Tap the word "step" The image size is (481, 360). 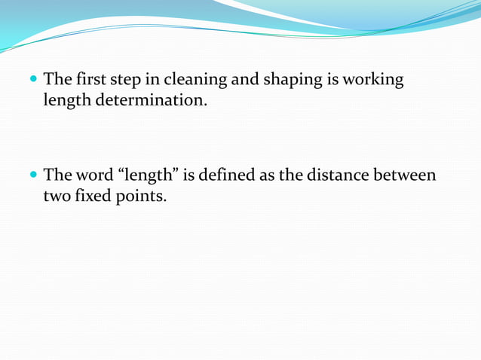point(126,80)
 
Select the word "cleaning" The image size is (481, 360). point(193,80)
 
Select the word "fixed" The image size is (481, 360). point(95,196)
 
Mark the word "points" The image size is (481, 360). point(142,196)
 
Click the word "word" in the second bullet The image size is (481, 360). point(96,175)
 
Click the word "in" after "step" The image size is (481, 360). point(151,79)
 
